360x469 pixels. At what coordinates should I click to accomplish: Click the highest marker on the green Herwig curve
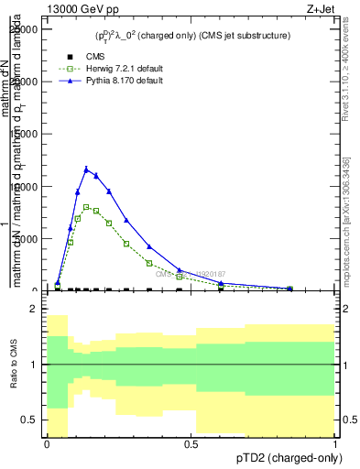coord(86,207)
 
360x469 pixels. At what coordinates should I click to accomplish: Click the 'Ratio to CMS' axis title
coord(13,365)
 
